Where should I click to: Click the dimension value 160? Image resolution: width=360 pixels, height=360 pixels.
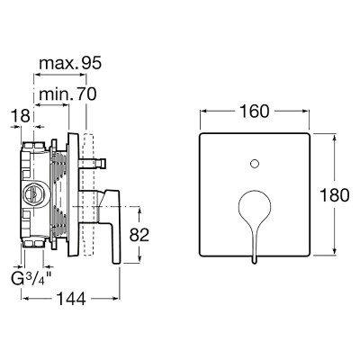click(255, 112)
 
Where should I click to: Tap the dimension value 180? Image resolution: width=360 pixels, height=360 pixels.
click(335, 195)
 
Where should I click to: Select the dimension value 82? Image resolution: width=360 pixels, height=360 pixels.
click(139, 235)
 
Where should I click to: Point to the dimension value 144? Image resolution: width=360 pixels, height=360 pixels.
click(71, 299)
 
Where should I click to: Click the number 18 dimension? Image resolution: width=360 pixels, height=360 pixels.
click(21, 116)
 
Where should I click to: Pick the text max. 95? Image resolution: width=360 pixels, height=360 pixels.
click(71, 63)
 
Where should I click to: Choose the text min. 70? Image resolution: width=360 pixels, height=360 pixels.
click(68, 94)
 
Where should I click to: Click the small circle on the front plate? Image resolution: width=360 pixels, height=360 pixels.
click(255, 164)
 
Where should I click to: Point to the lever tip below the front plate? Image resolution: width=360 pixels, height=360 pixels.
click(255, 260)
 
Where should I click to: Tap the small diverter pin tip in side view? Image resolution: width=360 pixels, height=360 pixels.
click(103, 164)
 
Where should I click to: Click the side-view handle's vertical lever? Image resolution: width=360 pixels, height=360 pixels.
click(115, 227)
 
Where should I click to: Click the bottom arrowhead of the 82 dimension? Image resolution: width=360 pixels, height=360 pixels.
click(139, 258)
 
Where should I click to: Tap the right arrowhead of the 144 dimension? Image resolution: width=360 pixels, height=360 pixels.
click(116, 298)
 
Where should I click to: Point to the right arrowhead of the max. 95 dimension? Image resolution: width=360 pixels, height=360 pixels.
click(83, 75)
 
